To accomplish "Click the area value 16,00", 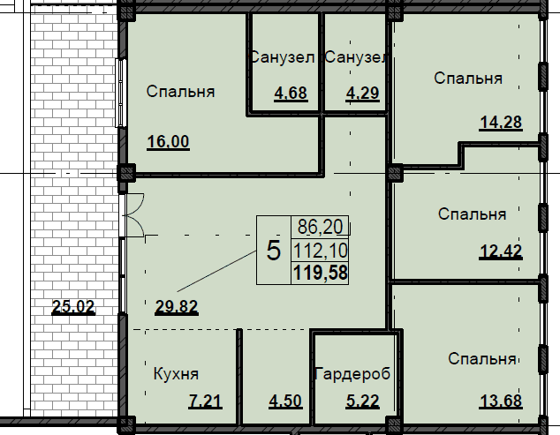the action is tap(168, 142).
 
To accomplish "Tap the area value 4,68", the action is tap(291, 94).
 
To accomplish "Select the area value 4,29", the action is tap(362, 94).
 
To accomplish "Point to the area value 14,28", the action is tap(501, 123).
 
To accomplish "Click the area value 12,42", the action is tap(501, 251).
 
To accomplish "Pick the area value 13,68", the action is tap(501, 401).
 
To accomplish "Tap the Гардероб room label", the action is tap(352, 374).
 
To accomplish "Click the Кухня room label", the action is tap(176, 374).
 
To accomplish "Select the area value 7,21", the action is tap(205, 401).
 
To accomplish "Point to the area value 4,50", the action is tap(285, 401).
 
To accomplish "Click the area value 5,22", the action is tap(362, 401).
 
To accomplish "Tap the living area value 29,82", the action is tap(177, 307).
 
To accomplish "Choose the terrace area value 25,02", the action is tap(73, 306).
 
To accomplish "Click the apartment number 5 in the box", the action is tap(274, 251).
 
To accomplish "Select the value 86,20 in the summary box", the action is tap(321, 227).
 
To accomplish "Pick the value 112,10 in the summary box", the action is tap(321, 251).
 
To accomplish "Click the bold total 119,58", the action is tap(321, 273).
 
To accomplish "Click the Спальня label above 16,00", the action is tap(180, 92).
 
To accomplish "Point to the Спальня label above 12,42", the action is tap(473, 214).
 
